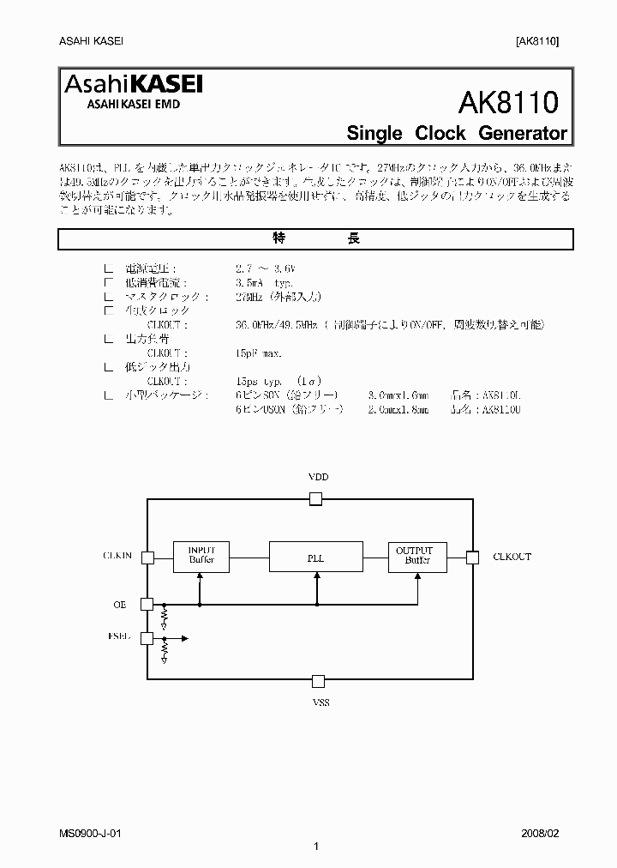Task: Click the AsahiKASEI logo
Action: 131,84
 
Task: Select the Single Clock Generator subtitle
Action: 456,133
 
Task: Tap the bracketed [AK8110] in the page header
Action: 537,41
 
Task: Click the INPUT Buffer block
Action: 201,556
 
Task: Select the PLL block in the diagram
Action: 316,557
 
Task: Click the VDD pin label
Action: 318,477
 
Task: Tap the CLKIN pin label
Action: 118,556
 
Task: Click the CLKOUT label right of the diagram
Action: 512,557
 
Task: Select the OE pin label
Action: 119,605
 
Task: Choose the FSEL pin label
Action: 118,637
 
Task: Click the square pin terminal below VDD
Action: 317,498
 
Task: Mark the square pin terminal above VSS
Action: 318,681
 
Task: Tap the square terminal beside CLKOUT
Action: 472,556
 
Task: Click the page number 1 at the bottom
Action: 316,847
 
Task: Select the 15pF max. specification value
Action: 259,353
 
